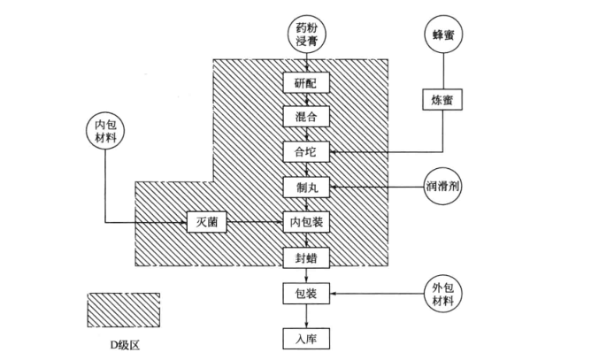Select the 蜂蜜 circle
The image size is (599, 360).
pyautogui.click(x=442, y=34)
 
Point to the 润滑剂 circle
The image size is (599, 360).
pyautogui.click(x=442, y=187)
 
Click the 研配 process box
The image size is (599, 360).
pyautogui.click(x=306, y=82)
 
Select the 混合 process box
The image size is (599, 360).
pyautogui.click(x=306, y=117)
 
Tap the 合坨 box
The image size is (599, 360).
pyautogui.click(x=306, y=152)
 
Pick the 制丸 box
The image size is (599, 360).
pyautogui.click(x=306, y=187)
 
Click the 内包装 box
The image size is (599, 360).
pyautogui.click(x=306, y=221)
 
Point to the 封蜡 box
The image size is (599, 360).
pyautogui.click(x=306, y=257)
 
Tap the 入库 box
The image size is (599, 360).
pyautogui.click(x=306, y=337)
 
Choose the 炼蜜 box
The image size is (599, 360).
pyautogui.click(x=442, y=100)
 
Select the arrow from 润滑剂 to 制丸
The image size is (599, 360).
pyautogui.click(x=372, y=187)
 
